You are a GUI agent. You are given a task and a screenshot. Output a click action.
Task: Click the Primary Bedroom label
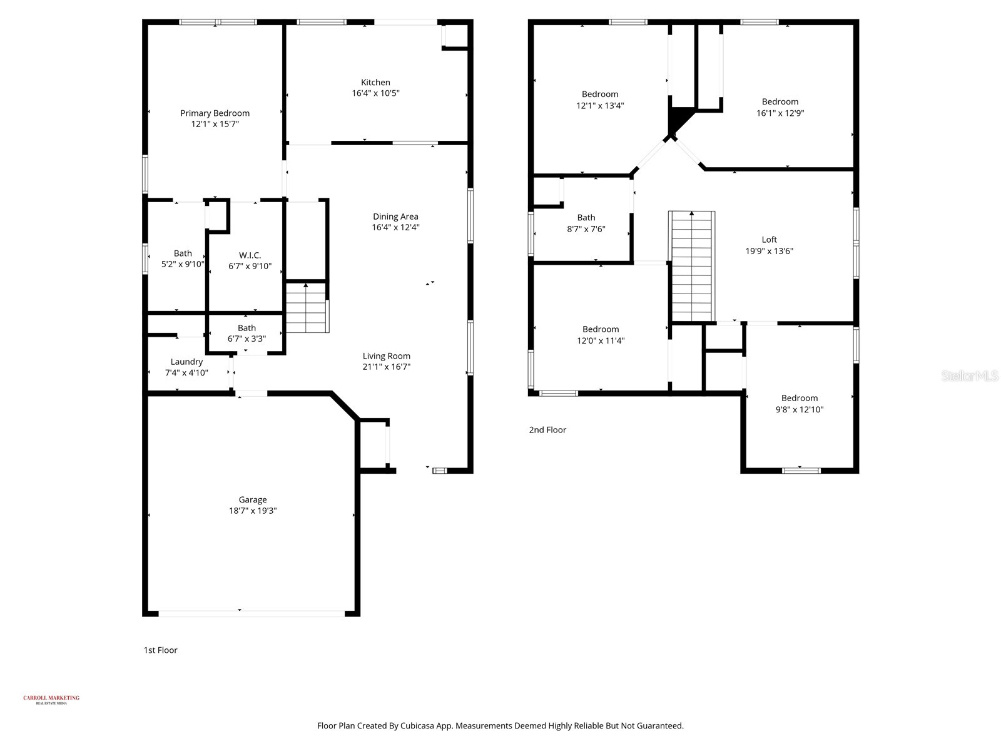coord(215,113)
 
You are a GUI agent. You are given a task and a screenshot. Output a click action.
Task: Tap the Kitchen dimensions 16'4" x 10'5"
coord(375,93)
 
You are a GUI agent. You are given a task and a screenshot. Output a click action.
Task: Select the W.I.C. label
coord(250,255)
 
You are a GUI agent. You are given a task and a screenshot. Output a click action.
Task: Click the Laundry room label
coord(186,362)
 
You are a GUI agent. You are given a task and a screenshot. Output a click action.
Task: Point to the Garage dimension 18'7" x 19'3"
coord(253,511)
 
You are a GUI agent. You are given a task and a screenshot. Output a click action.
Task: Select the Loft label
coord(769,240)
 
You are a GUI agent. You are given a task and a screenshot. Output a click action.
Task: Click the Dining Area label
coord(395,217)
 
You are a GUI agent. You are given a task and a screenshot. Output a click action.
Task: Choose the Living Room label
coord(386,356)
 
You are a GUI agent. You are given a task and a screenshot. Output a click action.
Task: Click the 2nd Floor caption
coord(547,430)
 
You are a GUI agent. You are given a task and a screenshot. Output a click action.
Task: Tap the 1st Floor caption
coord(160,650)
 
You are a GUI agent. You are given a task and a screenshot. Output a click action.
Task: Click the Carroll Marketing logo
coord(51,700)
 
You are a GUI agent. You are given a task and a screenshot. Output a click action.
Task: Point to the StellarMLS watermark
coord(970,375)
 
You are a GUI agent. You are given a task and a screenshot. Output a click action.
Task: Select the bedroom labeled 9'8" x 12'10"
coord(799,404)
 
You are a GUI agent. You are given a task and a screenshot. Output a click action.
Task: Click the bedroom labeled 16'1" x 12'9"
coord(780,107)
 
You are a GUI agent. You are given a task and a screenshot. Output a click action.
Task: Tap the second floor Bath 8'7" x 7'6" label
coord(586,223)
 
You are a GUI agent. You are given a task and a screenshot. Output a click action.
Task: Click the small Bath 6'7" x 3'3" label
coord(246,334)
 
